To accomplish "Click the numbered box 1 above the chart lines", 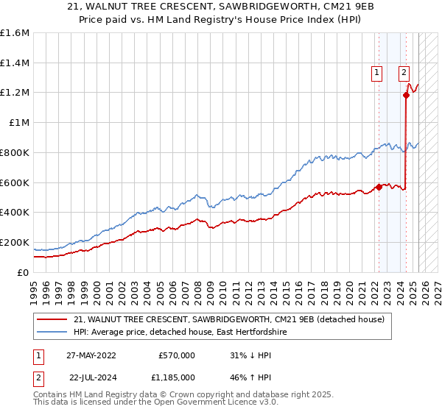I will pyautogui.click(x=376, y=72).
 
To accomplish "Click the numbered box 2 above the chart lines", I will pyautogui.click(x=404, y=72).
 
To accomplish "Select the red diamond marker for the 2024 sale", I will pyautogui.click(x=406, y=94).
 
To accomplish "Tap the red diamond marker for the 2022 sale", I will pyautogui.click(x=379, y=187).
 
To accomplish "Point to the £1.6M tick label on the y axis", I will pyautogui.click(x=15, y=33).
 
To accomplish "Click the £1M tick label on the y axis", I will pyautogui.click(x=18, y=123).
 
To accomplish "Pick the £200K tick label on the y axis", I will pyautogui.click(x=15, y=242).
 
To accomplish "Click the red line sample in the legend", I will pyautogui.click(x=52, y=320).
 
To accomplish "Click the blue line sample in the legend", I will pyautogui.click(x=52, y=333).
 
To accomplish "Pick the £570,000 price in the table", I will pyautogui.click(x=177, y=355).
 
